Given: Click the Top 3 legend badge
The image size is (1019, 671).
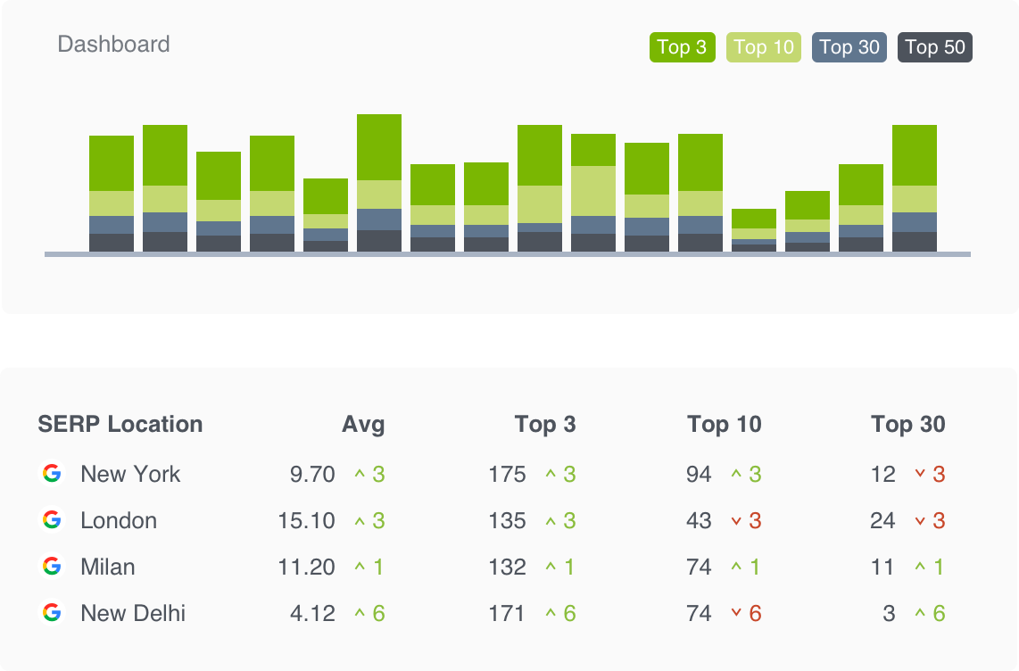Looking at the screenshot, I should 682,47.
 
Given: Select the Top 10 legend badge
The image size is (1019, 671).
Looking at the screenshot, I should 764,47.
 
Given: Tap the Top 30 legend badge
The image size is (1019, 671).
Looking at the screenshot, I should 849,47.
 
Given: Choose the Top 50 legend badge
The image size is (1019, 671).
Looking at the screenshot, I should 934,47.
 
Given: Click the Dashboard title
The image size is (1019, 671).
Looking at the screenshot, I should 113,45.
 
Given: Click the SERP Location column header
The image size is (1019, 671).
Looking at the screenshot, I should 120,424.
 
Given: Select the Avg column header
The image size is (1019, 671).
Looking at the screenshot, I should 363,424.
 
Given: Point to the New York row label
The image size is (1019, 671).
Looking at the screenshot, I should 130,474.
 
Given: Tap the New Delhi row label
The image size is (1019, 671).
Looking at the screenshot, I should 133,613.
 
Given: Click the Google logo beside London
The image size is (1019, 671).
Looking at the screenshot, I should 52,520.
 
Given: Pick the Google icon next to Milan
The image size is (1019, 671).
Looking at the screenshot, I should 52,567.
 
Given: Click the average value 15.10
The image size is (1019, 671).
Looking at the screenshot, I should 306,520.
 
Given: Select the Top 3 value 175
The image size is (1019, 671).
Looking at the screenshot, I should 507,474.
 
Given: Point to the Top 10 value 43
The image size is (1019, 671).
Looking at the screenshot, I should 699,520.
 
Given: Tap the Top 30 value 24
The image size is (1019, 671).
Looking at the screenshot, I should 882,520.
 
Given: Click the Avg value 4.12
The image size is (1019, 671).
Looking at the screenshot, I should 312,613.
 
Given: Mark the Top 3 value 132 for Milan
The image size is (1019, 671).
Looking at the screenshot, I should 507,567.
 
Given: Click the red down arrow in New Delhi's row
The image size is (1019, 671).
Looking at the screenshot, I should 736,613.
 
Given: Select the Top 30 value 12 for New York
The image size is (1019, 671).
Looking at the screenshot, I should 882,474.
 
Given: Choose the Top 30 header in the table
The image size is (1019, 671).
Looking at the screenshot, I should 907,424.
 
